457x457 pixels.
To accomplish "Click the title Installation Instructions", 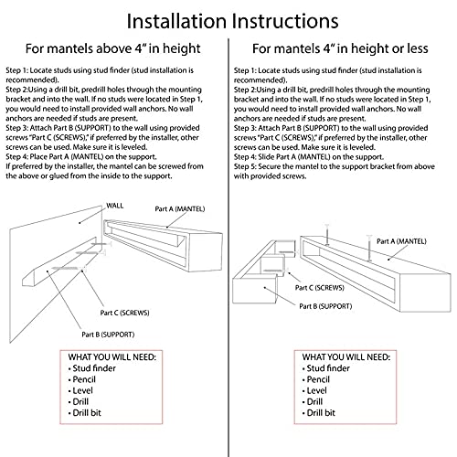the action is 232,21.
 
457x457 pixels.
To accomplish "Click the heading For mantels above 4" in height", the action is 112,48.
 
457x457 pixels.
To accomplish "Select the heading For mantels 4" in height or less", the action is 340,48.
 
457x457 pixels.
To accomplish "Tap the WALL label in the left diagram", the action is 115,206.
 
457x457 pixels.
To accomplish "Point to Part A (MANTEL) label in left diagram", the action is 180,209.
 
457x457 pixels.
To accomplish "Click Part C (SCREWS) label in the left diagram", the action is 124,313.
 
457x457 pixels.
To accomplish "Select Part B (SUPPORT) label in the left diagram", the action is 108,335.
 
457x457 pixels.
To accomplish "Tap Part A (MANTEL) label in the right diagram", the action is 401,241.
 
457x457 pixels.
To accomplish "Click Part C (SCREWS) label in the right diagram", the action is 319,288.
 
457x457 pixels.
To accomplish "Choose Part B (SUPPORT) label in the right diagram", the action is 325,306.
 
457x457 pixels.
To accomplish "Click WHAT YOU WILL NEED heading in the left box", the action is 112,357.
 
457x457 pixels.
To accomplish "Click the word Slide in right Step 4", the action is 266,157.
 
